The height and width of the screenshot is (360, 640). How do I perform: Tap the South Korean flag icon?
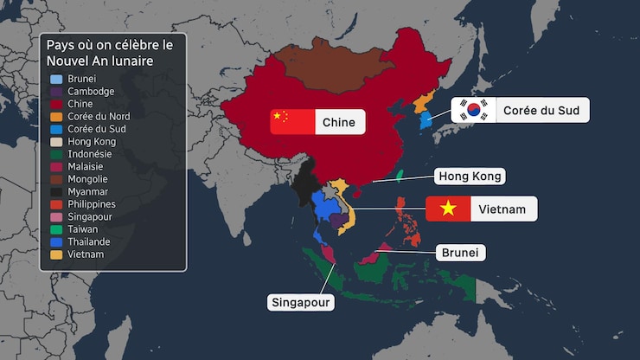[473, 110]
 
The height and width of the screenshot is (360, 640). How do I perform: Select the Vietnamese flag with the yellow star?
[448, 209]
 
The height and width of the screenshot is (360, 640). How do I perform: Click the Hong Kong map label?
[470, 176]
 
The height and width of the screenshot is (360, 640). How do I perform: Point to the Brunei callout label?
[460, 253]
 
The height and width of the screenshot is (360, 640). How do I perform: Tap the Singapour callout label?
[301, 302]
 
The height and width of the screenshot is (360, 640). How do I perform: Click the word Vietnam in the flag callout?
[502, 209]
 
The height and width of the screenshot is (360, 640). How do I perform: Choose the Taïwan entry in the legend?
[82, 229]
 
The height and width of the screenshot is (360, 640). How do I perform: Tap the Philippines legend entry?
[91, 204]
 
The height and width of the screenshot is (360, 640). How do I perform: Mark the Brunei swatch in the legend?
[55, 79]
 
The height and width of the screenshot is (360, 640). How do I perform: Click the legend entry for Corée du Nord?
[96, 116]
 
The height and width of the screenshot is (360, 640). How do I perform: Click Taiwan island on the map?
[399, 176]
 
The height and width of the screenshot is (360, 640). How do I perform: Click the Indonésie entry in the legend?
[89, 154]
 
